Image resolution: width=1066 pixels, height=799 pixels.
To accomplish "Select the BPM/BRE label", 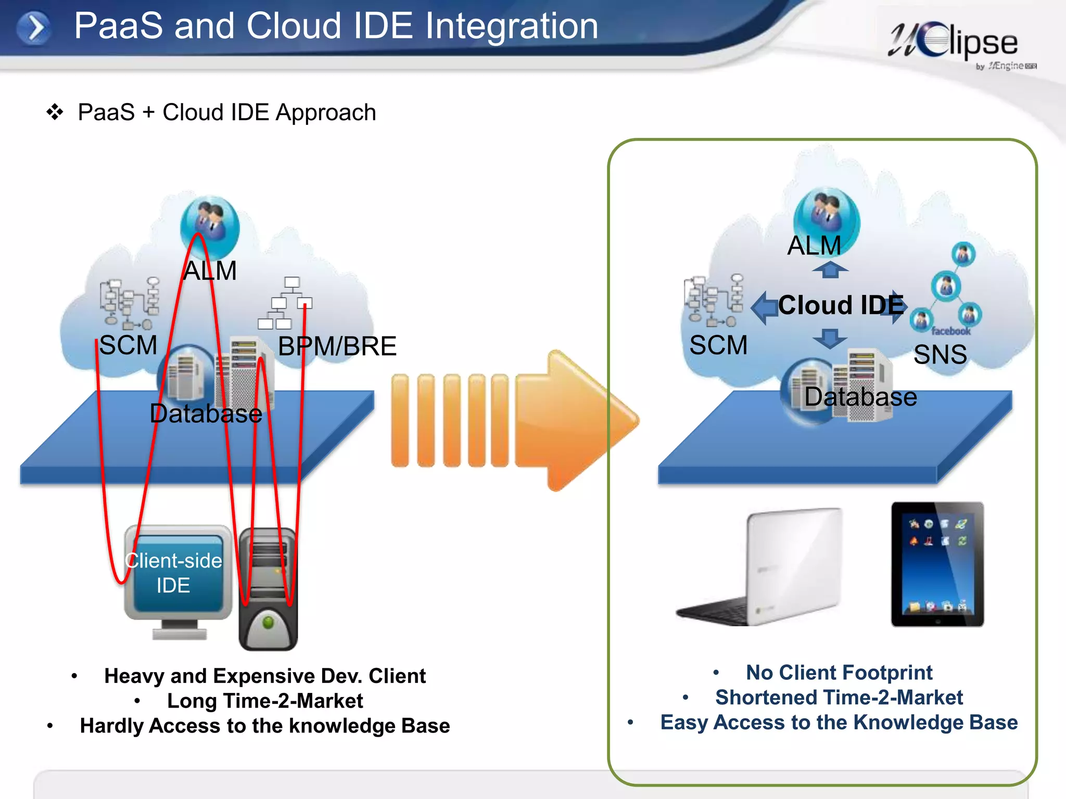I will tap(337, 346).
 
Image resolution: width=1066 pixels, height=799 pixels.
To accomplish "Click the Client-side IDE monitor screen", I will tap(177, 572).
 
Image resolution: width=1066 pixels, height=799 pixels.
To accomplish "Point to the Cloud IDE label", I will tap(841, 305).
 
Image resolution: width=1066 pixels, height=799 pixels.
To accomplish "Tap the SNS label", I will tap(940, 355).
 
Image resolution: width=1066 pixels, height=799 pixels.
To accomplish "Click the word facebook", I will tap(950, 331).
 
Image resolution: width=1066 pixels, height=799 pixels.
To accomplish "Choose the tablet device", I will tap(937, 564).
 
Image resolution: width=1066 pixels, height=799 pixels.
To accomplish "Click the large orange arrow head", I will tap(583, 420).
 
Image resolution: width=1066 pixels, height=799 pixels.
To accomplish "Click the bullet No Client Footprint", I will tap(839, 673).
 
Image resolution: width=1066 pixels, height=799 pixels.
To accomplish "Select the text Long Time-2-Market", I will tap(265, 701).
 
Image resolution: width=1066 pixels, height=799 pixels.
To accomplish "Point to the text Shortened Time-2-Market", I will tap(839, 698).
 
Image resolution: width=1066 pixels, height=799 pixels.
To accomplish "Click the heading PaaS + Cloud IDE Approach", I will tap(226, 112).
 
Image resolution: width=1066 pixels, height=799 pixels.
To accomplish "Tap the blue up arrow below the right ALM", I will tap(830, 269).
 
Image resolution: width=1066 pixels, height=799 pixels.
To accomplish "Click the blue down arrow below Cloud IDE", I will tap(830, 339).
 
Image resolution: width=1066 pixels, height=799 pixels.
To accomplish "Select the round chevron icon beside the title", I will tap(34, 28).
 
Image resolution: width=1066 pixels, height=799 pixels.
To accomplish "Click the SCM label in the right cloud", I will tap(718, 345).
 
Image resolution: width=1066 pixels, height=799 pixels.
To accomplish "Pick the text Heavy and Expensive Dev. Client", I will tap(265, 676).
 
